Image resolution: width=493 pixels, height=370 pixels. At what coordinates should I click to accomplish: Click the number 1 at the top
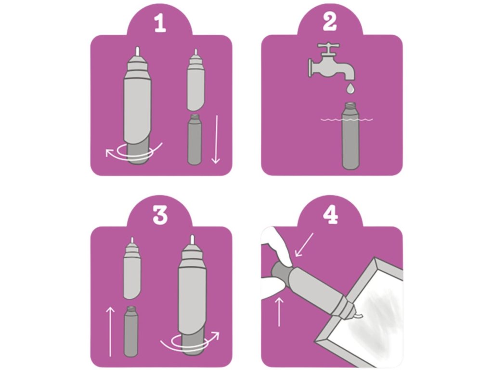160,24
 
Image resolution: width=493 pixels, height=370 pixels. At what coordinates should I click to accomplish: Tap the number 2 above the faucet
329,22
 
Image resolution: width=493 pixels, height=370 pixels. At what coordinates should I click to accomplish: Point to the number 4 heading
330,215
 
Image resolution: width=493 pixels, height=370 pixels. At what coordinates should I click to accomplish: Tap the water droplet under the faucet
350,89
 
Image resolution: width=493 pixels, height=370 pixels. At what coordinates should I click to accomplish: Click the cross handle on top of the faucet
328,47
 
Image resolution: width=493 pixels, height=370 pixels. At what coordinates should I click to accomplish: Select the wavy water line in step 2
347,119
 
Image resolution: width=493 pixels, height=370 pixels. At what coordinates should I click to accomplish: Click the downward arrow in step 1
215,139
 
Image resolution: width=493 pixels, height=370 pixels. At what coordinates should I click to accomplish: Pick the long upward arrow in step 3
110,332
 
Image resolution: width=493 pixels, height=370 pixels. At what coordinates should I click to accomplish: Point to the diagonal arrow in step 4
304,245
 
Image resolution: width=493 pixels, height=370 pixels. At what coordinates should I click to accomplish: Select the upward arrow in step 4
279,312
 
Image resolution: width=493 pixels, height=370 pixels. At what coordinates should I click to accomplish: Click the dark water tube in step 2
350,135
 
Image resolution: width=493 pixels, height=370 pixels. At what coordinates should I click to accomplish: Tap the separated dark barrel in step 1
195,139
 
